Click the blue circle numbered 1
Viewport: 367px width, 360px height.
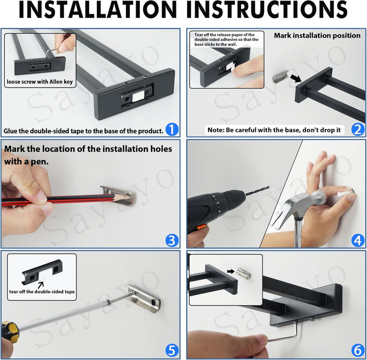tap(172, 129)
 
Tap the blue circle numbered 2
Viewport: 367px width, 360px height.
tap(358, 129)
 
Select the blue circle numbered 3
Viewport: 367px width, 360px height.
tap(172, 240)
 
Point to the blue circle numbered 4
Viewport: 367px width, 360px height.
tap(358, 240)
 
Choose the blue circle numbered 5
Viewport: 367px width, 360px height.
tap(172, 351)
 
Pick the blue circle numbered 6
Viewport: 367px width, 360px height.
tap(358, 351)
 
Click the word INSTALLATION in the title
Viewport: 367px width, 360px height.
tap(97, 10)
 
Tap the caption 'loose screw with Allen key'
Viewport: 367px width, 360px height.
tap(40, 82)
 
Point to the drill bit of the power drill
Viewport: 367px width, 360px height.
tap(257, 190)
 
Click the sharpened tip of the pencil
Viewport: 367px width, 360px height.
tap(130, 198)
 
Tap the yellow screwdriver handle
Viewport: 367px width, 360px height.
tap(10, 330)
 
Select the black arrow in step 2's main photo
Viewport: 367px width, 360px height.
tap(295, 78)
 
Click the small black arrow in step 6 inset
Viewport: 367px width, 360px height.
tap(231, 271)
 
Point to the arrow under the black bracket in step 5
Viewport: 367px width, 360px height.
tap(41, 285)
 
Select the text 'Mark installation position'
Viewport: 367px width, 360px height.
tap(317, 36)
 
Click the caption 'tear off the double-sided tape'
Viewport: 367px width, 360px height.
tap(42, 292)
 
